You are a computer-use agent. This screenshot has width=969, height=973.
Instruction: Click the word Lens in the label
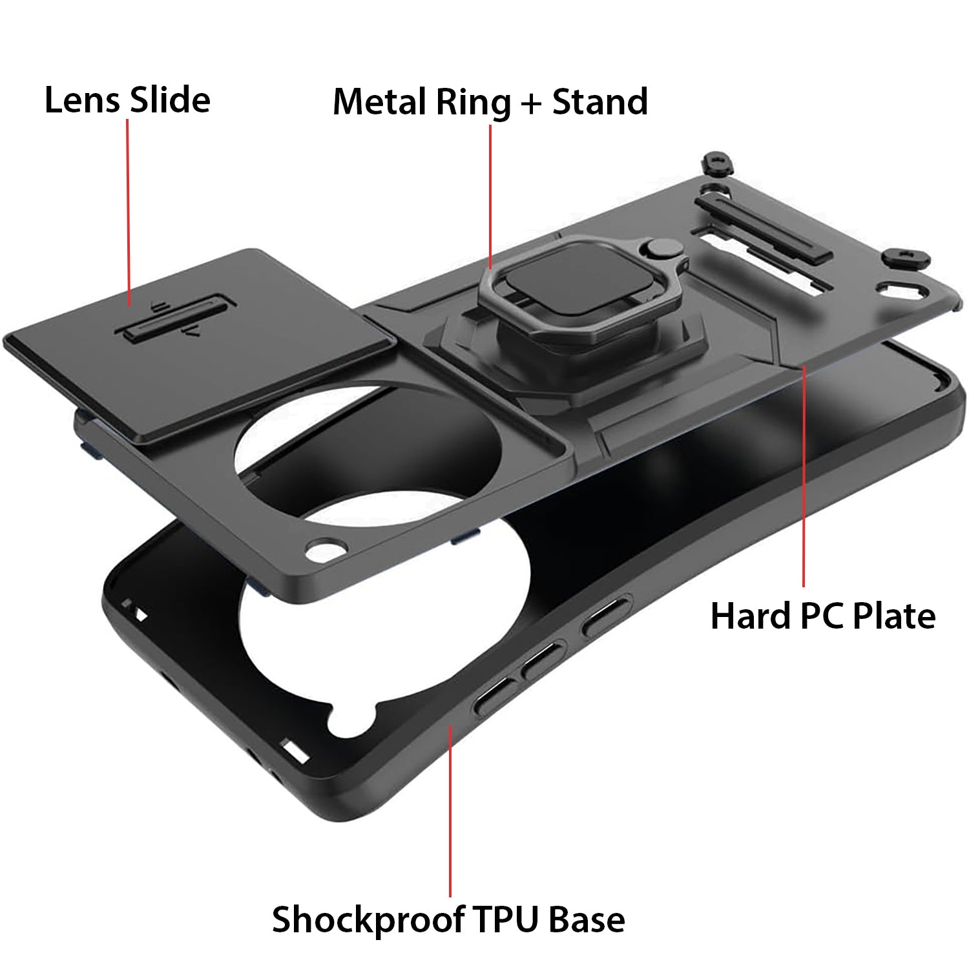click(x=82, y=100)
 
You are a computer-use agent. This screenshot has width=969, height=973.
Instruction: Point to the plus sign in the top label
click(x=531, y=105)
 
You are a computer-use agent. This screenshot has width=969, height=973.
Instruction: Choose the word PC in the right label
click(x=821, y=616)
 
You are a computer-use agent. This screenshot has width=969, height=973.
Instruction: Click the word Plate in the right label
click(x=894, y=616)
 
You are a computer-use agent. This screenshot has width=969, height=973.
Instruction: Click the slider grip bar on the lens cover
click(x=176, y=317)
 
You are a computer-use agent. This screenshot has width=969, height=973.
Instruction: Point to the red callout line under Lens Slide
click(x=128, y=213)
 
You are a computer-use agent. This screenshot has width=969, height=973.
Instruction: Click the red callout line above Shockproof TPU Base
click(x=450, y=811)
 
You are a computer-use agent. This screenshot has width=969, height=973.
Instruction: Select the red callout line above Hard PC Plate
click(x=804, y=476)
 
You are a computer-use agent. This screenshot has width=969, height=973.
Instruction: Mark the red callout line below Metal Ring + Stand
click(x=490, y=197)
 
